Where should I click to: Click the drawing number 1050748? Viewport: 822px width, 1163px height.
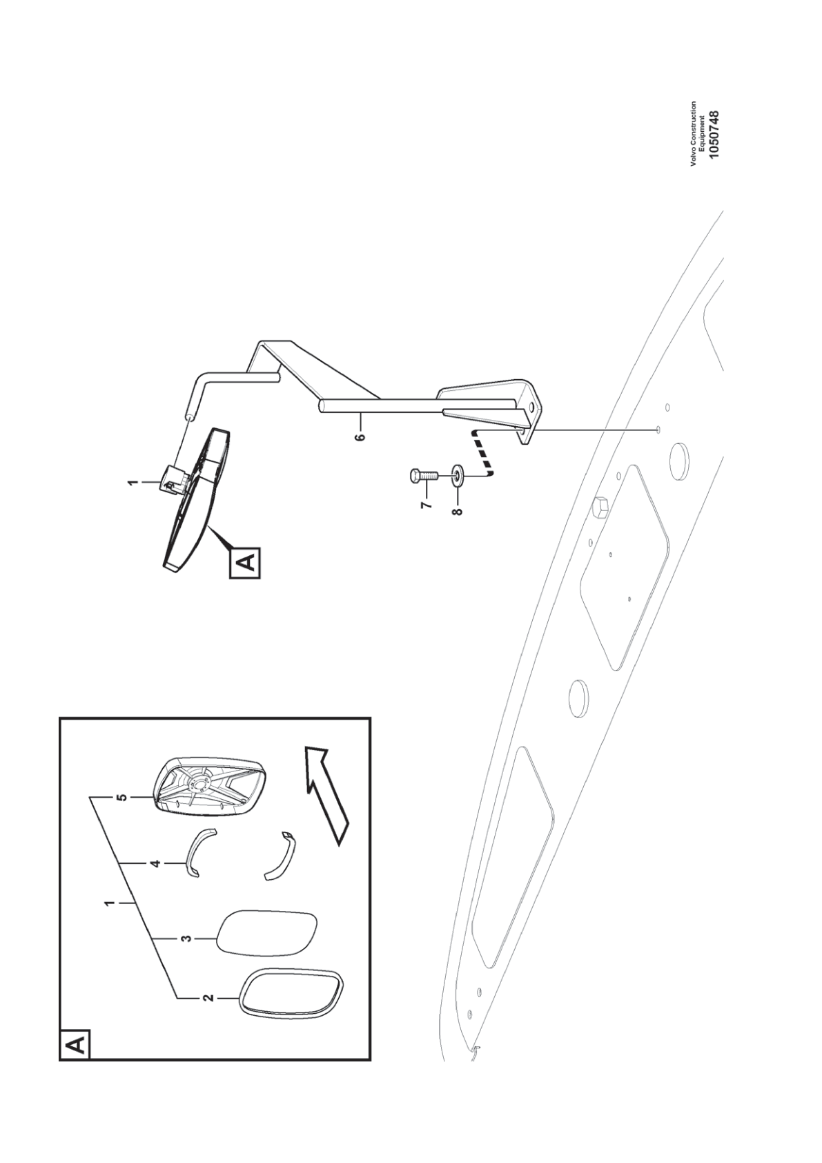(714, 134)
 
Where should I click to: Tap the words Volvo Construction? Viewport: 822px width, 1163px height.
(694, 134)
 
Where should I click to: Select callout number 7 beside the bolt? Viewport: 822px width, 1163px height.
(425, 505)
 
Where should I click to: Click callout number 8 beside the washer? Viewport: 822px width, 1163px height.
(457, 512)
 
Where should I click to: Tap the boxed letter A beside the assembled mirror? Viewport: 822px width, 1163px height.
(245, 562)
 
